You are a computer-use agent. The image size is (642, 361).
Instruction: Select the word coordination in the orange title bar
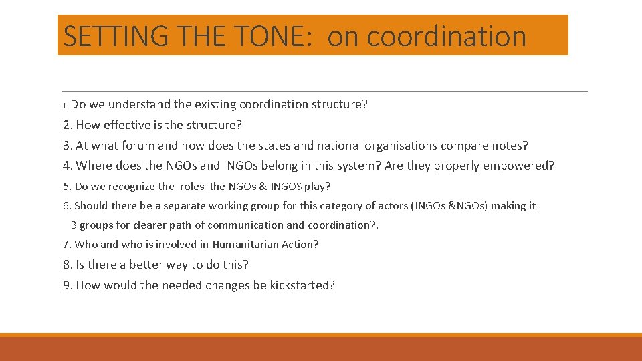[447, 36]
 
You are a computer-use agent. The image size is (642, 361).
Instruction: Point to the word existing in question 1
[215, 104]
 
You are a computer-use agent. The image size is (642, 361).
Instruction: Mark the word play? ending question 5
[318, 187]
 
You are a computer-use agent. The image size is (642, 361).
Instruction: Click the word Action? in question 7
[299, 245]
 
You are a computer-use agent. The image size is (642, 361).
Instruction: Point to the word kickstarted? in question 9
[302, 285]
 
